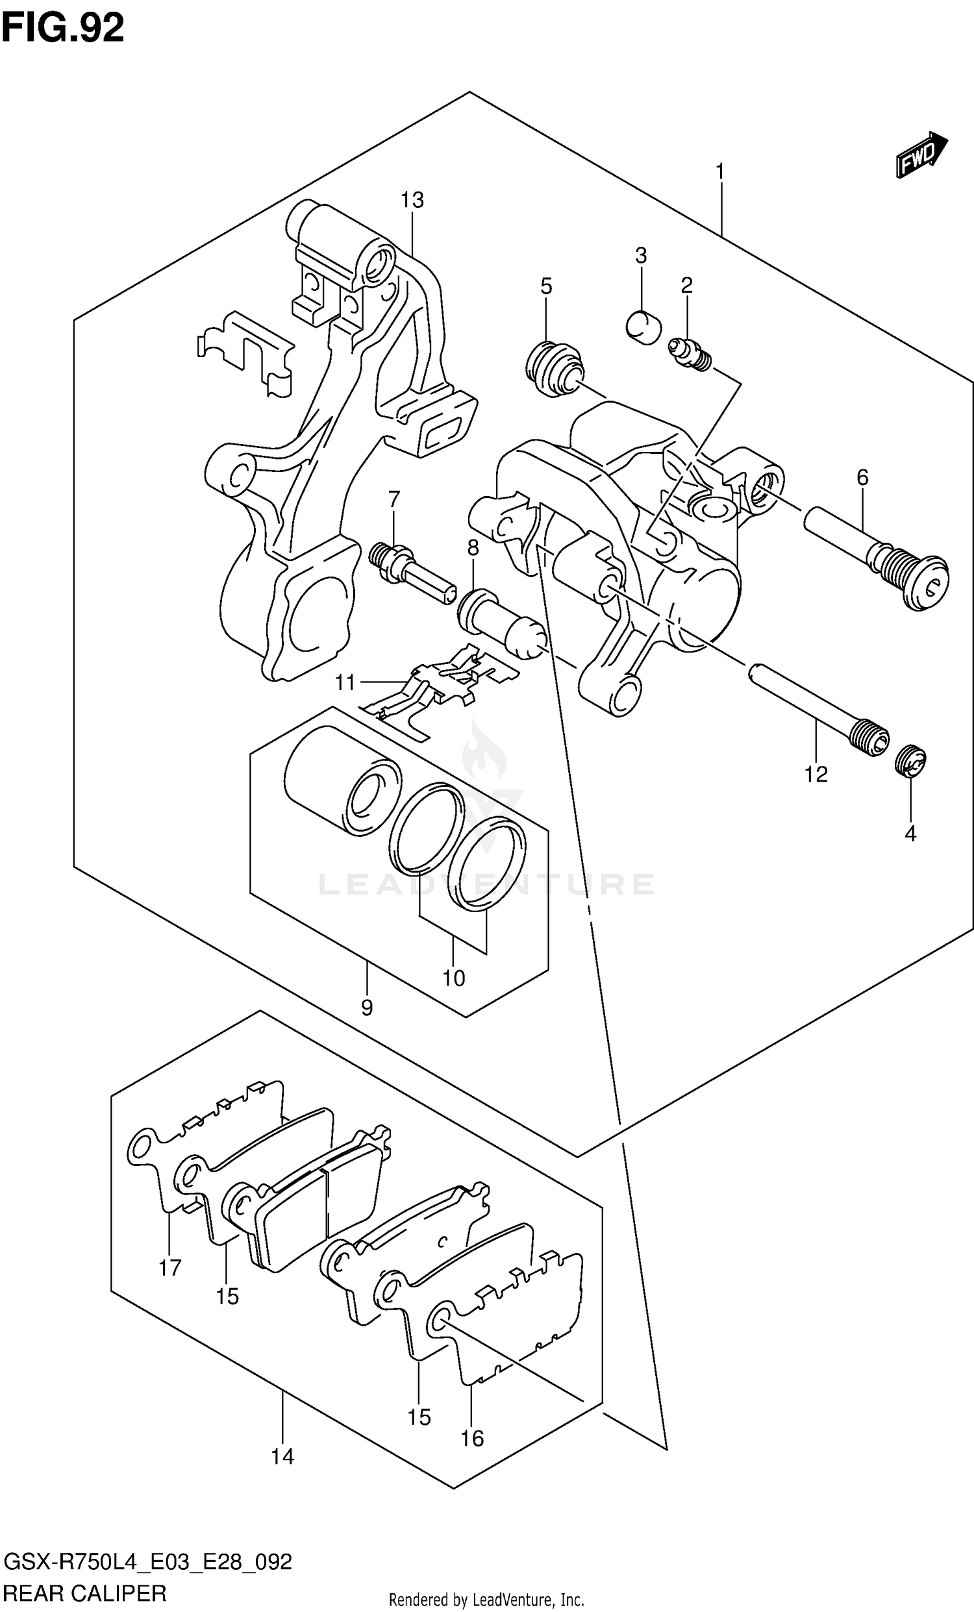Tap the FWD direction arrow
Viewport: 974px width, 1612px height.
921,155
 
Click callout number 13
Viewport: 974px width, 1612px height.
412,199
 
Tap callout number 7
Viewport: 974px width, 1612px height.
393,500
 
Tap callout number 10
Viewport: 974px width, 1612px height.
453,978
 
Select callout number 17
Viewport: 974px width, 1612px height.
169,1268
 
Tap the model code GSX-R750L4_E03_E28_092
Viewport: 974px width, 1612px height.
148,1561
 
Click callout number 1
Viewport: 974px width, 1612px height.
719,172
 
